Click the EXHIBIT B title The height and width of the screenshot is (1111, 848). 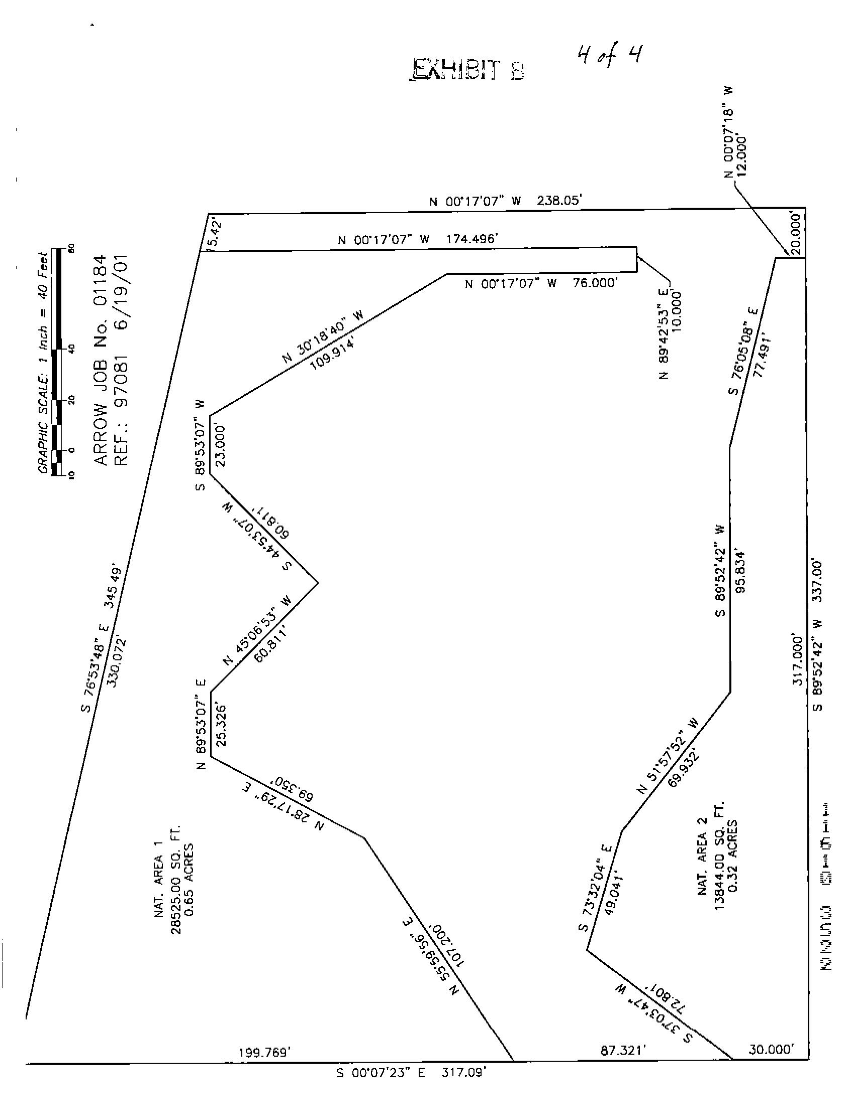click(x=466, y=70)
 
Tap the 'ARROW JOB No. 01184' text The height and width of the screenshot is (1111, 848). click(x=102, y=360)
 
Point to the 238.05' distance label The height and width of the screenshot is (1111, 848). click(x=559, y=201)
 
